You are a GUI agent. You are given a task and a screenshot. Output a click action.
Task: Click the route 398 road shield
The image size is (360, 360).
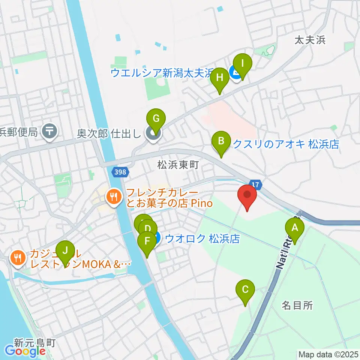121,172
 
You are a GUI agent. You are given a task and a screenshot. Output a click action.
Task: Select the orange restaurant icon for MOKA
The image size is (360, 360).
17,258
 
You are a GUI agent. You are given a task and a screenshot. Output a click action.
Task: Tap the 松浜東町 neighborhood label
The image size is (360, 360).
177,165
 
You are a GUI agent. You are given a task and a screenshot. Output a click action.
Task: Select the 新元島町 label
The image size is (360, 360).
35,342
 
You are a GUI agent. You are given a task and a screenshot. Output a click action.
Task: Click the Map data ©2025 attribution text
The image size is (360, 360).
328,354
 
